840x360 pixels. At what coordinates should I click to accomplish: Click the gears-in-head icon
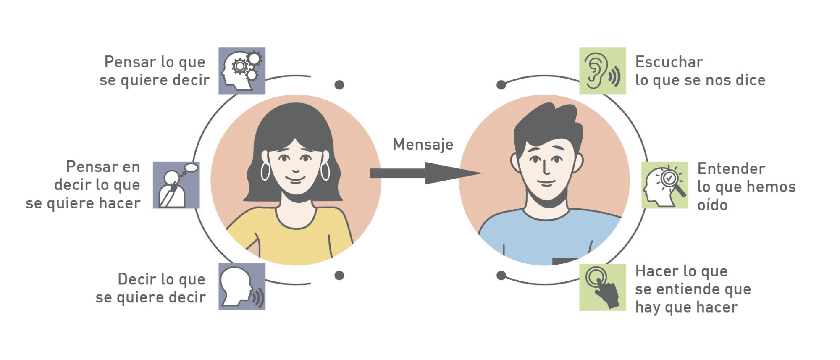[242, 71]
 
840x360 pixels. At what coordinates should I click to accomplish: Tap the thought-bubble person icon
[176, 185]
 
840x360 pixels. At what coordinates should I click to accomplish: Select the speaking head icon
[242, 286]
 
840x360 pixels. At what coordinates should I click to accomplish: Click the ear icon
[602, 71]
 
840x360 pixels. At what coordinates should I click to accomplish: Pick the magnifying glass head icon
[664, 185]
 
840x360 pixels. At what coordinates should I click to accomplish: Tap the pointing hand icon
[602, 287]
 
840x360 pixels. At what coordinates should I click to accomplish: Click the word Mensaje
[423, 145]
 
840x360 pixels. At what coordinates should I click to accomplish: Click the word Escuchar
[669, 62]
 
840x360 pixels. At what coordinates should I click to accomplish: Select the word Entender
[731, 169]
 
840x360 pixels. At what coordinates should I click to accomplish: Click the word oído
[712, 205]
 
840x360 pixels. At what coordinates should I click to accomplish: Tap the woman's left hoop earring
[265, 171]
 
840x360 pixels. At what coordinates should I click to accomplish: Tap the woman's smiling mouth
[296, 180]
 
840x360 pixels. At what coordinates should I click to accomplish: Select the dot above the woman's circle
[339, 85]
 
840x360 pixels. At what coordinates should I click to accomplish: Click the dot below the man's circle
[501, 276]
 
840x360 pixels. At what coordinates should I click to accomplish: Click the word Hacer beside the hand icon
[654, 271]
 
